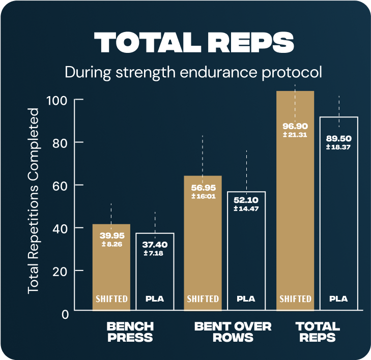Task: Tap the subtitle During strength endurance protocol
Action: click(193, 72)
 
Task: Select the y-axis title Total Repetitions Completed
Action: click(34, 200)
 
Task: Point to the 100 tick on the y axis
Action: click(58, 100)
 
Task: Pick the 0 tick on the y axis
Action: click(65, 313)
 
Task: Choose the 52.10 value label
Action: click(246, 200)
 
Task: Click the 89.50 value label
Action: click(339, 138)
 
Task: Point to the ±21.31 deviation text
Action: click(295, 135)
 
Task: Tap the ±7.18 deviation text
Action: click(155, 253)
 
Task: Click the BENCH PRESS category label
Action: click(130, 332)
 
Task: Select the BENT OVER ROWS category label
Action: click(233, 332)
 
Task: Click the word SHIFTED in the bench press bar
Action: click(111, 298)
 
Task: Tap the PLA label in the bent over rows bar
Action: click(246, 298)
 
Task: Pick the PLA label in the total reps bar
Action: click(338, 298)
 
